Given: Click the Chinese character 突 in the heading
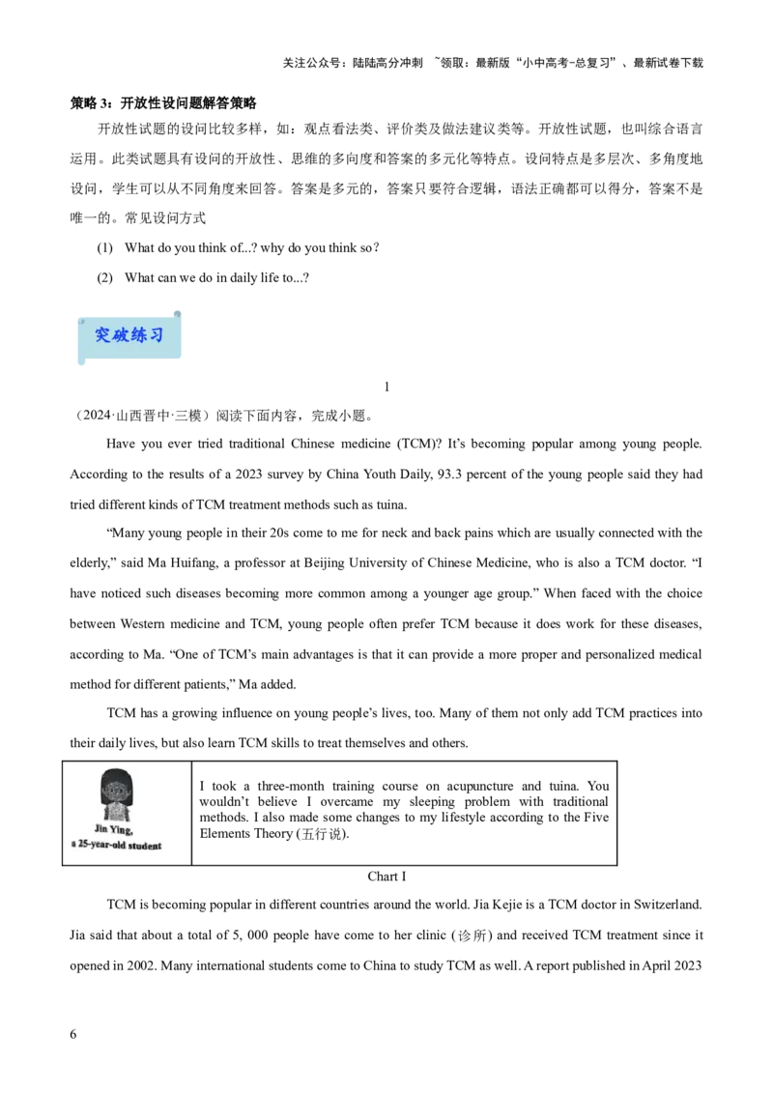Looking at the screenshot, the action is pyautogui.click(x=103, y=335).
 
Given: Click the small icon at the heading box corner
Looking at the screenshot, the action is pyautogui.click(x=177, y=313).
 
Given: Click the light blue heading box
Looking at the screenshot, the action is pyautogui.click(x=130, y=353).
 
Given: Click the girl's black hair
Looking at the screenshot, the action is pyautogui.click(x=117, y=775).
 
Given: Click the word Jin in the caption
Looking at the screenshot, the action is pyautogui.click(x=101, y=828).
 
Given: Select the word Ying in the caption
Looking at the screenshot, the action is pyautogui.click(x=123, y=828).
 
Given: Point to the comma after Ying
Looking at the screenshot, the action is pyautogui.click(x=133, y=831).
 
